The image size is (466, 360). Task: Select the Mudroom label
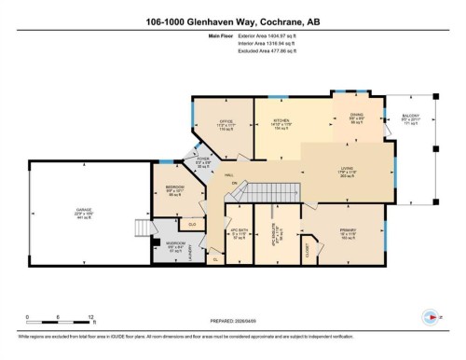(174, 248)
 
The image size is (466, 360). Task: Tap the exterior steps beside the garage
(144, 228)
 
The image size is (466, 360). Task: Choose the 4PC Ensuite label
(278, 238)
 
